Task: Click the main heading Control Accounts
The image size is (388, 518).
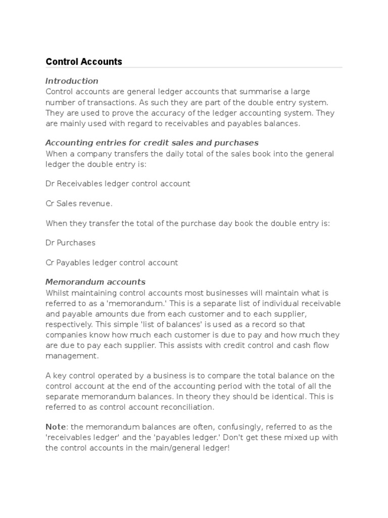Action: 84,62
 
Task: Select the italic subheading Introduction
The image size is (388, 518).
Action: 72,81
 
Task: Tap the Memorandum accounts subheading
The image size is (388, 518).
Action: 95,282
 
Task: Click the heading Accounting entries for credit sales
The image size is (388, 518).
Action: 152,143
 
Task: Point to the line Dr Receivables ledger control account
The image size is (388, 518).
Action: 118,184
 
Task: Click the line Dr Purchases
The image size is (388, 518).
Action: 70,243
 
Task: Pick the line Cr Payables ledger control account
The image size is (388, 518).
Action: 112,263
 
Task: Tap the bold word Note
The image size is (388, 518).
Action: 56,427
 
